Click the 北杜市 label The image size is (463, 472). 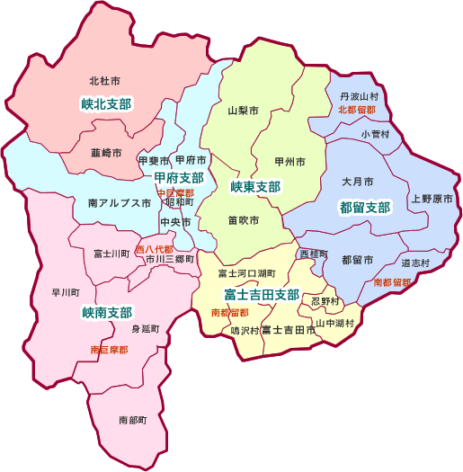tap(105, 81)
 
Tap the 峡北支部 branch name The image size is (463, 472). tap(106, 104)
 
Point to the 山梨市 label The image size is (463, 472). tap(243, 111)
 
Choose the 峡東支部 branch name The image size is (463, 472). tap(255, 187)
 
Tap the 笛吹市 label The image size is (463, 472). tap(243, 220)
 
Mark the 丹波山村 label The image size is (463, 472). tap(359, 95)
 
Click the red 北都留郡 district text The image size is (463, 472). tap(357, 110)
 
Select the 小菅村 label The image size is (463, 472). tap(376, 134)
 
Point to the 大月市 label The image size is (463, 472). tap(357, 181)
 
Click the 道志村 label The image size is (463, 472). tap(415, 263)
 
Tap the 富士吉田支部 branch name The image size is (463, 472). tap(261, 295)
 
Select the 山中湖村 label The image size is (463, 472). tap(334, 322)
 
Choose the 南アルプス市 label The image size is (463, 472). tap(120, 204)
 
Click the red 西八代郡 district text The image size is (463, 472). tap(155, 248)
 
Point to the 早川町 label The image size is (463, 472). tap(66, 293)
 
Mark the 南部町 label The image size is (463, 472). tap(132, 420)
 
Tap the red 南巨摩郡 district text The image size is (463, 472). tap(109, 349)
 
